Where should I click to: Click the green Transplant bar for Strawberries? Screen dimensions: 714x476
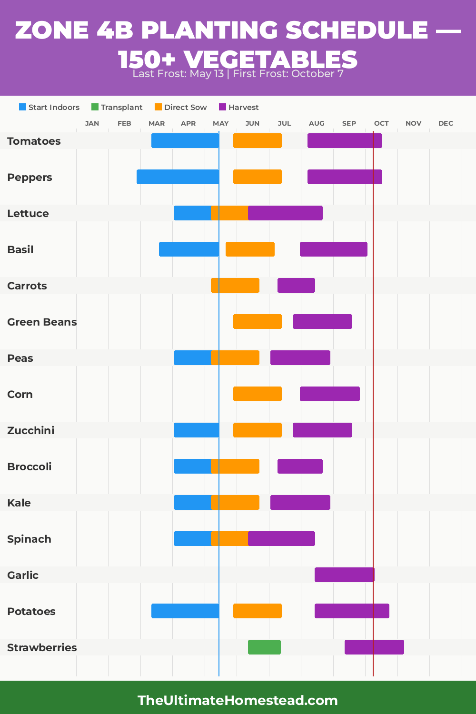(264, 647)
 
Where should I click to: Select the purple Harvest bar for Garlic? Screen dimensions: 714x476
(344, 575)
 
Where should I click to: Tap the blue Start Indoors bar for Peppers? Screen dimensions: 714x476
(178, 177)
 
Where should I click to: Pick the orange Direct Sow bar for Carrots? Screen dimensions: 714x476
(235, 285)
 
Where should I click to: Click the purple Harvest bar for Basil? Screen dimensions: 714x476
(333, 249)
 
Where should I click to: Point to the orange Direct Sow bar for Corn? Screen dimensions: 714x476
(257, 394)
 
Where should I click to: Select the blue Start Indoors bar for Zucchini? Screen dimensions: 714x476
(196, 430)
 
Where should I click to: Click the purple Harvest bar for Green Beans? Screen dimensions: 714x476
(322, 321)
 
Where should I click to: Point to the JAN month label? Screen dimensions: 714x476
(92, 123)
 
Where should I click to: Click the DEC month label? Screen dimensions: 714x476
(446, 123)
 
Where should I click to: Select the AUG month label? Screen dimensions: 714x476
(317, 123)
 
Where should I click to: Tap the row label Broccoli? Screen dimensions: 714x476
(30, 466)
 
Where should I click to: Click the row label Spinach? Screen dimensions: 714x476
(29, 539)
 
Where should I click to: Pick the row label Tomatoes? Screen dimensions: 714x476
(34, 141)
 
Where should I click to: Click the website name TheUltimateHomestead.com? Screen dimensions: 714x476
(238, 700)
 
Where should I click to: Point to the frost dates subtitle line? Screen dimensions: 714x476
(238, 74)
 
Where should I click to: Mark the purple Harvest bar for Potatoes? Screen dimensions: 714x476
(352, 611)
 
